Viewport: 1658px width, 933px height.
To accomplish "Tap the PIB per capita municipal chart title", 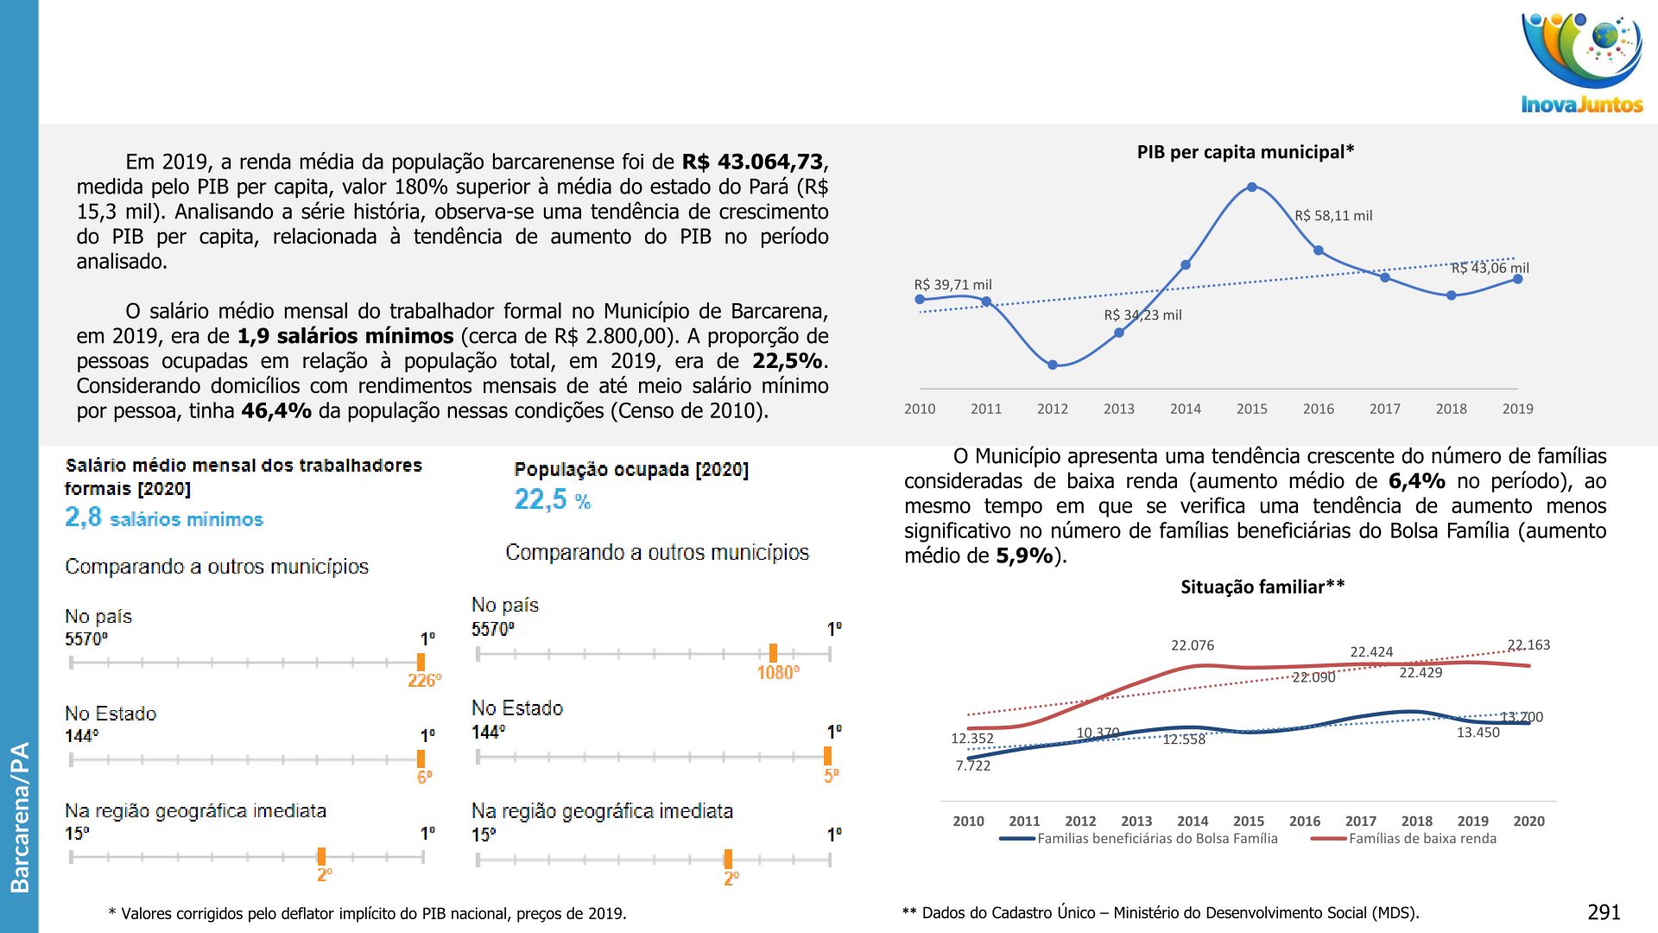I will coord(1245,152).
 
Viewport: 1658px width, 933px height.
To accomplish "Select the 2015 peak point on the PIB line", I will coord(1252,187).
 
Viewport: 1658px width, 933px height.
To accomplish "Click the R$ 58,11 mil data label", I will coord(1333,216).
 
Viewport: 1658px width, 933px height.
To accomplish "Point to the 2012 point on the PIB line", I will coord(1053,365).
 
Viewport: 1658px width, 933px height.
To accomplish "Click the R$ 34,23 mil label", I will coord(1142,315).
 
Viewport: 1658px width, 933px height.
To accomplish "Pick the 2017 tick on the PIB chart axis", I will coord(1384,409).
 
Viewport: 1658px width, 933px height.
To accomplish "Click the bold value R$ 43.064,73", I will coord(753,162).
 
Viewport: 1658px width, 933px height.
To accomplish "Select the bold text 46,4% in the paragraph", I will coord(276,411).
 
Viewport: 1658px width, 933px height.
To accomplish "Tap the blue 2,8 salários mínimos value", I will coord(164,517).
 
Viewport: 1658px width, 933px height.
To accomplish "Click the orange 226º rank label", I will coord(424,681).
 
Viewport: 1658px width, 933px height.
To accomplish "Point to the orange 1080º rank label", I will coord(778,673).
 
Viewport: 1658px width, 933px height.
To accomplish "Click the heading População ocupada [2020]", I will coord(631,469).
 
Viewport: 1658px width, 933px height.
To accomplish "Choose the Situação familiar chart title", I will coord(1262,587).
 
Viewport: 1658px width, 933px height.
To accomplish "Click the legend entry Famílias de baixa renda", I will coord(1422,838).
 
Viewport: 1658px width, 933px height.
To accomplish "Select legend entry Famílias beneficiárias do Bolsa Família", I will coord(1157,838).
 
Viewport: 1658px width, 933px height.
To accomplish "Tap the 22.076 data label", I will coord(1193,645).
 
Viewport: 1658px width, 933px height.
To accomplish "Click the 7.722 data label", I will coord(973,765).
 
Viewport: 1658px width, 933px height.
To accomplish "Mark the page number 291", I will coord(1604,912).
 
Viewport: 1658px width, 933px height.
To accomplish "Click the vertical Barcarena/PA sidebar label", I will coord(19,816).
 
